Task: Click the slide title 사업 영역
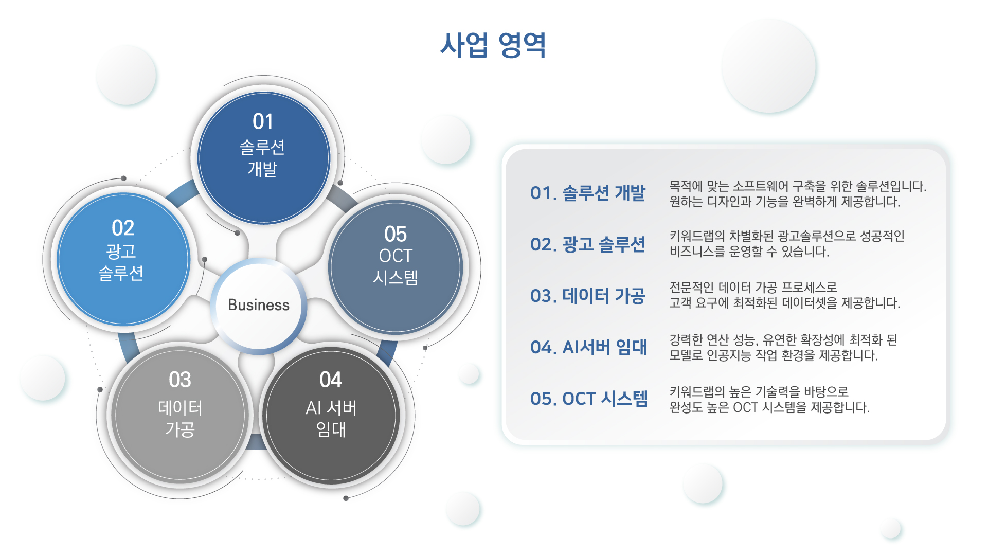point(493,45)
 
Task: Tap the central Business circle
point(259,306)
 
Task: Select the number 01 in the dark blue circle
point(263,122)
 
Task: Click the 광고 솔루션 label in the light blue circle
point(121,262)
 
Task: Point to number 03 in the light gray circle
point(180,380)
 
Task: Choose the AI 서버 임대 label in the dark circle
point(331,418)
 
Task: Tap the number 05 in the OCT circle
point(396,234)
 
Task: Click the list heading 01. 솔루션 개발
point(588,193)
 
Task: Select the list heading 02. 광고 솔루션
point(588,244)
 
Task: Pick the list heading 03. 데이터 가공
point(588,296)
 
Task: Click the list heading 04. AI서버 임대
point(589,347)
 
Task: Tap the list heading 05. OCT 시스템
point(589,399)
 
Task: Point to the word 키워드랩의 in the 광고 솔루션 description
point(697,236)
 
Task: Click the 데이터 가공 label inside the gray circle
point(180,418)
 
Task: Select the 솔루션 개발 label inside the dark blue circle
point(262,158)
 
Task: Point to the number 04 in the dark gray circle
point(331,380)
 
